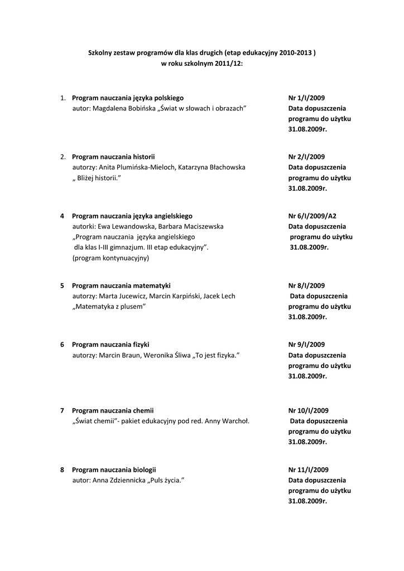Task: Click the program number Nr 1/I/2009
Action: click(306, 98)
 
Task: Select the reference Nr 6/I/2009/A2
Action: click(312, 216)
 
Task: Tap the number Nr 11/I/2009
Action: click(309, 470)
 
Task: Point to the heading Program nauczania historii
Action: click(113, 157)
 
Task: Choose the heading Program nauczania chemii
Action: click(113, 410)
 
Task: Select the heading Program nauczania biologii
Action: click(114, 470)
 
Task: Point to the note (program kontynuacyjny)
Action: click(110, 258)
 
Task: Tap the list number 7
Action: click(62, 410)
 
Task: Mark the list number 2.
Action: click(63, 157)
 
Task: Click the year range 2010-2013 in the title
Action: click(295, 53)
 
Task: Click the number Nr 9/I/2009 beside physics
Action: click(306, 345)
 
